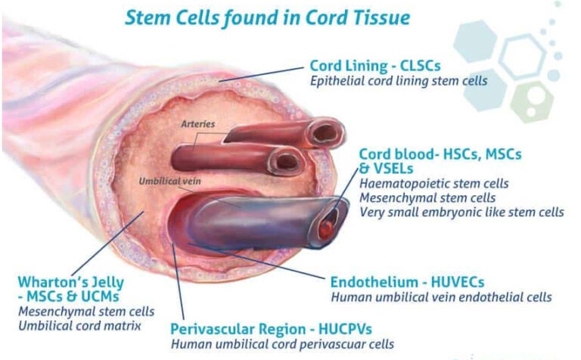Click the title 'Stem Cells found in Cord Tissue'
tap(268, 18)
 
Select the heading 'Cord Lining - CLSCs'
tap(375, 66)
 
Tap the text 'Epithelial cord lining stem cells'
tap(399, 81)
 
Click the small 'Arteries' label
tap(198, 124)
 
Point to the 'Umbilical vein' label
tap(169, 181)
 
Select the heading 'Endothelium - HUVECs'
tap(407, 282)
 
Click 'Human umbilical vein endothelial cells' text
tap(441, 297)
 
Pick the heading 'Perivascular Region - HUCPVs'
tap(271, 329)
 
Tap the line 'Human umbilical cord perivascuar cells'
tap(282, 344)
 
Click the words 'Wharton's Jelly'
tap(71, 282)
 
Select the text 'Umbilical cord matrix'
tap(79, 326)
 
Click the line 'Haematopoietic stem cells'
tap(434, 183)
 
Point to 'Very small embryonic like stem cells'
tap(461, 213)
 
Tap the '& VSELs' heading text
tap(386, 169)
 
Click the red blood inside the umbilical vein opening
tap(327, 228)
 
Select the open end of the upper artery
tap(325, 133)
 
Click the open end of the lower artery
tap(286, 162)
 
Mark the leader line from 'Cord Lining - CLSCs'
tap(261, 73)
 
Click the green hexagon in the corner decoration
tap(532, 102)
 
